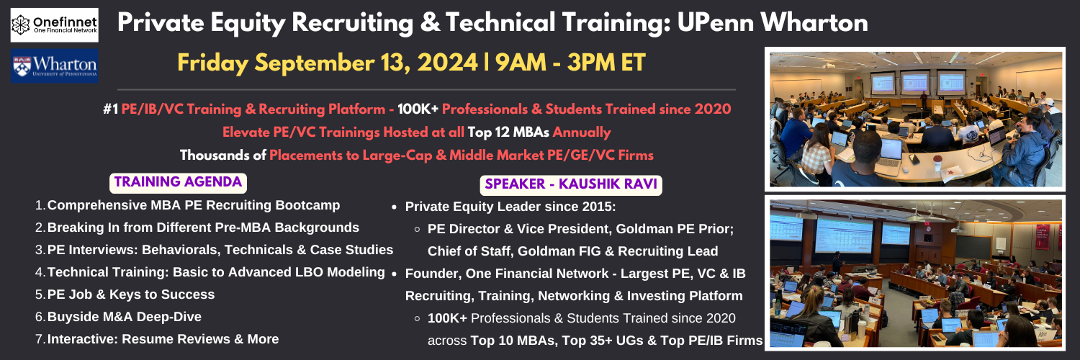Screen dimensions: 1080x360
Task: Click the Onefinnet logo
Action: (x=55, y=24)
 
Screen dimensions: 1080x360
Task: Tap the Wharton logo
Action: (x=55, y=66)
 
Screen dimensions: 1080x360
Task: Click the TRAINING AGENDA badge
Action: (x=178, y=183)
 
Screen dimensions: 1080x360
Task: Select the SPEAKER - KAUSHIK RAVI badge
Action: (x=571, y=184)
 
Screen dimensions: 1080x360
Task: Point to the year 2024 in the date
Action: (x=447, y=63)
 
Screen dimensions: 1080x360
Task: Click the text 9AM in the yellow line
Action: (x=521, y=63)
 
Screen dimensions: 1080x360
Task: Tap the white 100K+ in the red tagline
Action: (x=418, y=109)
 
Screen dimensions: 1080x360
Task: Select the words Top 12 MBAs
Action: (x=508, y=132)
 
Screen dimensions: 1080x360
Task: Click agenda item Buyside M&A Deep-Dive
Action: (x=125, y=317)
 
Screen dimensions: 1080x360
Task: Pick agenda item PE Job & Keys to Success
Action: (x=130, y=294)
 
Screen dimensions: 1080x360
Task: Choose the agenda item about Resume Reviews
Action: (x=163, y=339)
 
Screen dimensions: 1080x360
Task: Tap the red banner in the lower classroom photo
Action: (x=1043, y=237)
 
